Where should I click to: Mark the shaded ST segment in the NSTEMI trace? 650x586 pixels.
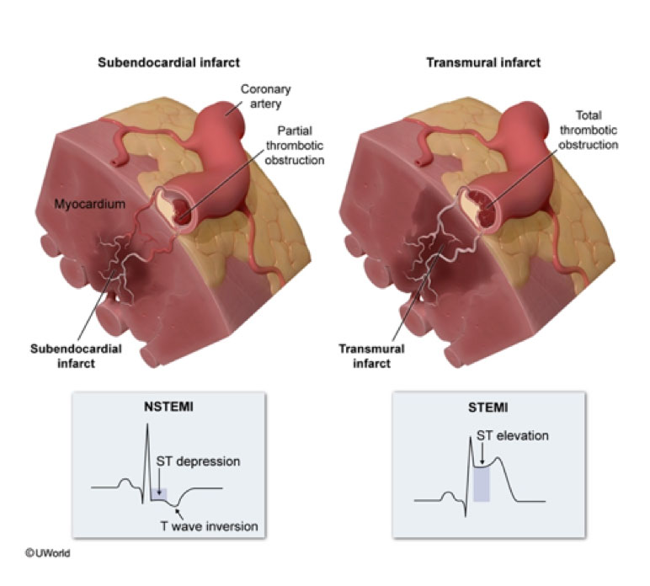(x=159, y=494)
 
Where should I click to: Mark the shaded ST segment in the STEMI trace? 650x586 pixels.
(x=482, y=483)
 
